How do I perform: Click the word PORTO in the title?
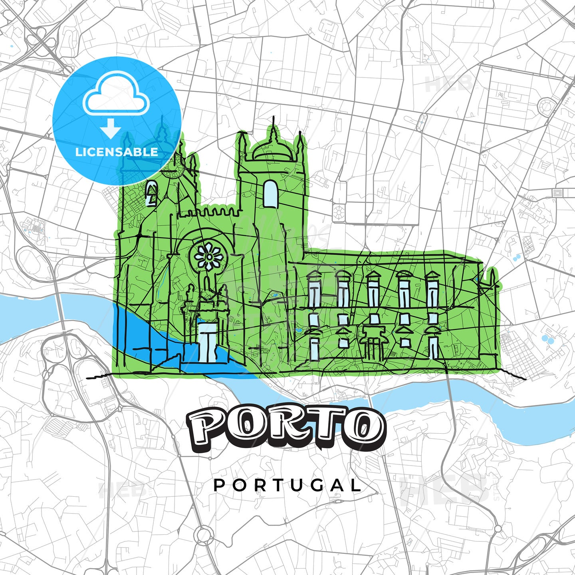286,428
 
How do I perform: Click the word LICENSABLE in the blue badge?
117,152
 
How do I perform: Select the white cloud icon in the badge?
116,96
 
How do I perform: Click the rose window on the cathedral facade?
207,256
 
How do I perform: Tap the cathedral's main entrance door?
208,342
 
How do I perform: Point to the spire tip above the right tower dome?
274,119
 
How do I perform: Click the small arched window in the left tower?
152,194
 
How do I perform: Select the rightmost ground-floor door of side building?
433,347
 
